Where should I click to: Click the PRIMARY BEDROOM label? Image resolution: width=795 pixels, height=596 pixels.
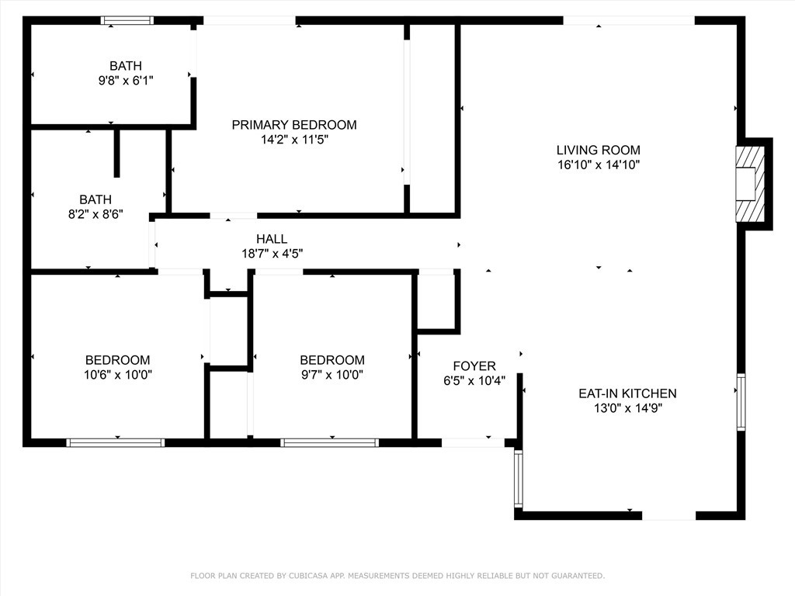[294, 125]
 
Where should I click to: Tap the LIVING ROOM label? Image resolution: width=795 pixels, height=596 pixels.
[599, 150]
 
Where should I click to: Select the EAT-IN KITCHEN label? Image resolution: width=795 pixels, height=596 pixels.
[627, 393]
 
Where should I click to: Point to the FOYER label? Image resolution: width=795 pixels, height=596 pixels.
[474, 366]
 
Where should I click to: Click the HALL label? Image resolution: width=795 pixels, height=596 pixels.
[272, 239]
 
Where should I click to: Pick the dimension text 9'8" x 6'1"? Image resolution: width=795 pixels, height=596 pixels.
[126, 81]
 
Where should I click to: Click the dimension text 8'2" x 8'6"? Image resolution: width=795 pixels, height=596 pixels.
[95, 214]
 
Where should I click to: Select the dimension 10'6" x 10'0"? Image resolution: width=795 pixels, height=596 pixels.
[118, 375]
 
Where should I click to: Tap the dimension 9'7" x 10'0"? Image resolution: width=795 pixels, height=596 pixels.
[332, 375]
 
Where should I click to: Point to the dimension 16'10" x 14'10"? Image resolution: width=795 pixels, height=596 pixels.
[599, 165]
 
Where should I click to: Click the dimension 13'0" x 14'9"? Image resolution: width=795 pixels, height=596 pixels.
[628, 408]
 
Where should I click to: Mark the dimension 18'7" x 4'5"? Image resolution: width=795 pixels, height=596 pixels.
[273, 254]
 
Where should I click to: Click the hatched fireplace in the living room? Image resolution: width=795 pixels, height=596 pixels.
[750, 184]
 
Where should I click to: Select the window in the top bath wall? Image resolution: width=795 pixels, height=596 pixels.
[127, 20]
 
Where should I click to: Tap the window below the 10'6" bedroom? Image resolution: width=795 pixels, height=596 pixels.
[116, 443]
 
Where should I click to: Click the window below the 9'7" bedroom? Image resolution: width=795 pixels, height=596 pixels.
[329, 443]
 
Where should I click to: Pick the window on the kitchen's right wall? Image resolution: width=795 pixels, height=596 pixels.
[741, 402]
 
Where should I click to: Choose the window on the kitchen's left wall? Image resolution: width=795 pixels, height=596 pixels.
[518, 479]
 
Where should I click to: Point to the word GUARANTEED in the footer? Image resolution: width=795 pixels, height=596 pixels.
[578, 576]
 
